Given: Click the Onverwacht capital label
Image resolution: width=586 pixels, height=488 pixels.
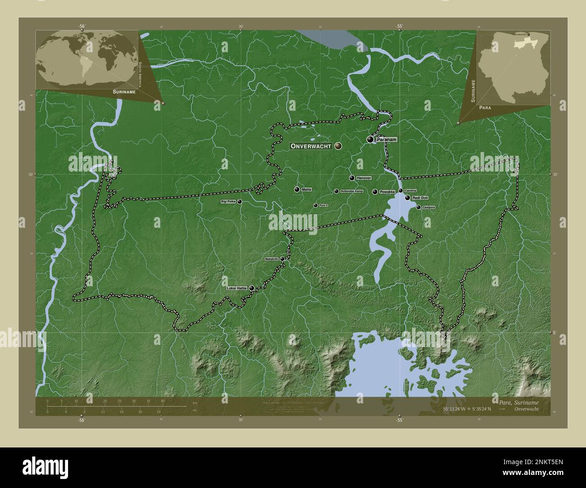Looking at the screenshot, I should tap(311, 146).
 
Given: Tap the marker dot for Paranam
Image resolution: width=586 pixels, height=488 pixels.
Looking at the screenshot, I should tap(370, 140).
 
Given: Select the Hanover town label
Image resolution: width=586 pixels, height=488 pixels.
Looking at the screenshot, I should tap(363, 178).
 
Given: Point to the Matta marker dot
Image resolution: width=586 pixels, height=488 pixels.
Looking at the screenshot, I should tap(297, 190).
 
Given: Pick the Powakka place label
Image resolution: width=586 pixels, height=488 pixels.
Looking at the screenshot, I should tap(387, 192).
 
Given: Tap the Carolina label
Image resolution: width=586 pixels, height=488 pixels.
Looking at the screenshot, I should tap(410, 190).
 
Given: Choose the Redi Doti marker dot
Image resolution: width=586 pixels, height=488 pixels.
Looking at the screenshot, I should tap(407, 198).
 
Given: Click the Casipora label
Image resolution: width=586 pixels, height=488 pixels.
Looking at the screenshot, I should tap(428, 207).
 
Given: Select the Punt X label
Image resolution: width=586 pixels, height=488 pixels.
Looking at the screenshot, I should tap(323, 205).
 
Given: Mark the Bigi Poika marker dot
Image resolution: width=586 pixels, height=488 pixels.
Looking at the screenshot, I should tap(239, 202).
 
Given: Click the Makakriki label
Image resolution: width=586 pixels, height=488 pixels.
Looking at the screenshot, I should tap(272, 259).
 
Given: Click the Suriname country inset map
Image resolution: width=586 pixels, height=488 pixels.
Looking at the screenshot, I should tap(513, 67).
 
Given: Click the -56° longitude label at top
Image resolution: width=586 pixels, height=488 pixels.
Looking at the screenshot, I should tap(82, 26).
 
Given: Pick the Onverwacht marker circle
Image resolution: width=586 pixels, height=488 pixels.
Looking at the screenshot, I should tap(338, 146).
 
